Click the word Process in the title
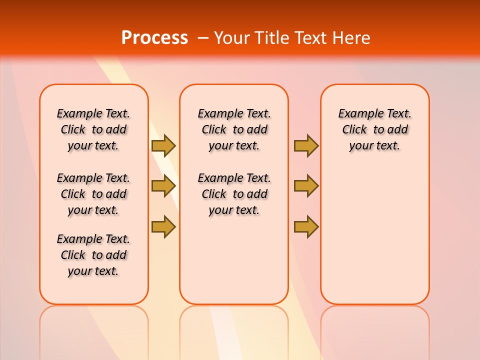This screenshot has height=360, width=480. [x=154, y=38]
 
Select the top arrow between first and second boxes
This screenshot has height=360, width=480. [x=163, y=145]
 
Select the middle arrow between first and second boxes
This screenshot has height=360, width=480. [x=163, y=186]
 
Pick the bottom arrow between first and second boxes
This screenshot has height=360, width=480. [x=163, y=226]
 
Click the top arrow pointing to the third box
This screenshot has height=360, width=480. [x=306, y=145]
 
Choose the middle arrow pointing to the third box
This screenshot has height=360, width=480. [x=306, y=186]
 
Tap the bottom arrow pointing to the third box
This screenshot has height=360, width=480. [x=306, y=226]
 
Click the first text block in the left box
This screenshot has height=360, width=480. [x=93, y=129]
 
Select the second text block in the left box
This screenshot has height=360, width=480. [x=93, y=194]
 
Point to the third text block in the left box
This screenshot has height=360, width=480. [x=93, y=255]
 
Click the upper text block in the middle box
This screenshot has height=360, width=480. [x=234, y=129]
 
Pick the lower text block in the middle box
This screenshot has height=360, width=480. [x=234, y=194]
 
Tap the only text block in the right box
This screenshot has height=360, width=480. [x=374, y=129]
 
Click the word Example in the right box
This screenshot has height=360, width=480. [x=356, y=114]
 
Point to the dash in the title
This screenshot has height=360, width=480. [x=203, y=38]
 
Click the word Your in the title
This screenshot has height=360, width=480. [x=232, y=38]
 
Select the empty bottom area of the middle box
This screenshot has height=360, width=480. [x=234, y=265]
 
